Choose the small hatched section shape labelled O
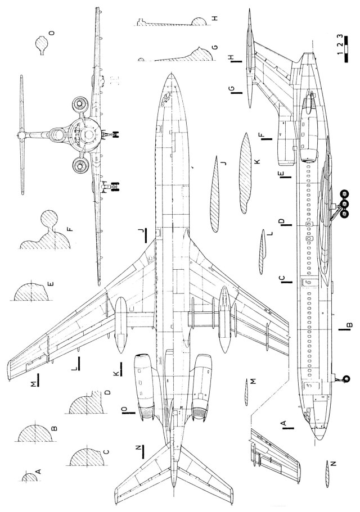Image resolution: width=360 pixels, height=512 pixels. [x=41, y=43]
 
